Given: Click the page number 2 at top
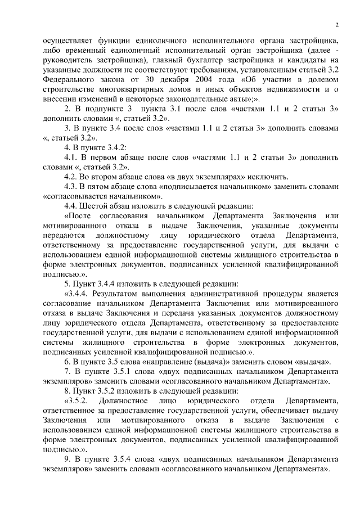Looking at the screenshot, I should pos(336,25).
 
